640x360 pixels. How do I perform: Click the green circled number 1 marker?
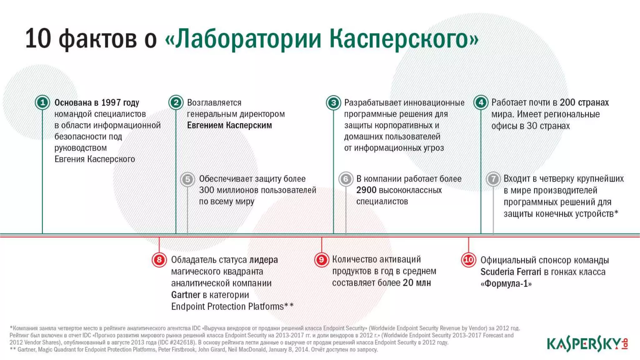42,102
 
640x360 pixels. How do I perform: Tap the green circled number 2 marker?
176,102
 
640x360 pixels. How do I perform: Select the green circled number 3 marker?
333,102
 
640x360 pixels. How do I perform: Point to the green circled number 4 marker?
481,102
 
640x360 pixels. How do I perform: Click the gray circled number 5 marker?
187,179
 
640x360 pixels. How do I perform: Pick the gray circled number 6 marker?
346,179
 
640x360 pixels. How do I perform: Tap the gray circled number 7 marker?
493,179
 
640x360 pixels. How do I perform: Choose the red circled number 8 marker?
159,260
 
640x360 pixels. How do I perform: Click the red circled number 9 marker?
321,260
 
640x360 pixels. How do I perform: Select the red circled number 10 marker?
468,260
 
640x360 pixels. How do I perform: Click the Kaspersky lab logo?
587,343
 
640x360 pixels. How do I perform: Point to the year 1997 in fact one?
111,102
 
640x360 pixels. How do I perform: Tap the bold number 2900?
366,190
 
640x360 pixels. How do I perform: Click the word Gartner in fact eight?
186,295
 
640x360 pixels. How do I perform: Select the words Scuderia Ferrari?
511,272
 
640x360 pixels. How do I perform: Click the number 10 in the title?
38,39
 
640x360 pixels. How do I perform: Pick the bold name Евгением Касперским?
229,125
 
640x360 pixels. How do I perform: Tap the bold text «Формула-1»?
506,283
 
